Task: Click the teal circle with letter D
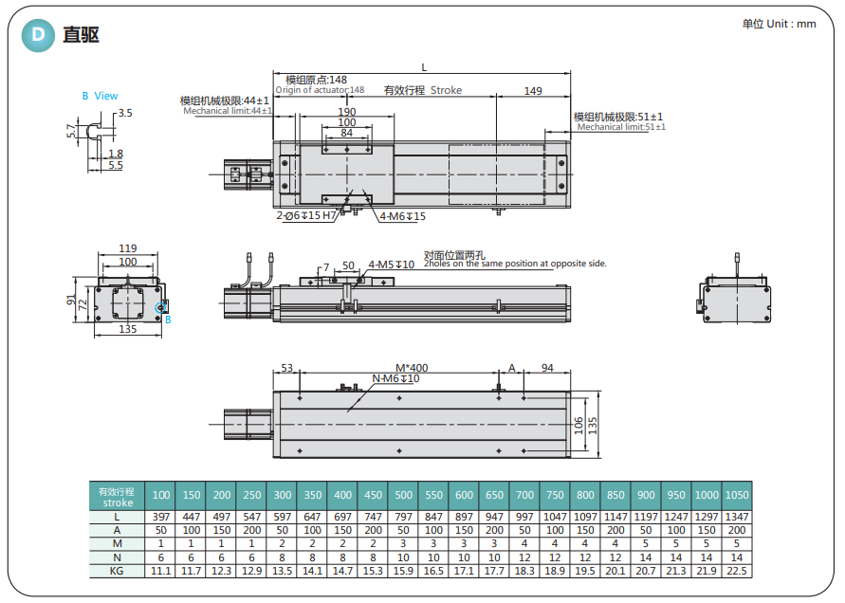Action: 37,36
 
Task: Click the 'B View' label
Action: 100,96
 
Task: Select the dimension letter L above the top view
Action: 423,67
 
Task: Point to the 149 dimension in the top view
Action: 532,91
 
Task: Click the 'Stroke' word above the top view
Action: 446,91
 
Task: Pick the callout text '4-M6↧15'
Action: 403,217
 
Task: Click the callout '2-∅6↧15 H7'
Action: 305,216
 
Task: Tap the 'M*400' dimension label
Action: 412,368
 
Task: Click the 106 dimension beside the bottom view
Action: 579,423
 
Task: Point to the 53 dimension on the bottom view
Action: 286,368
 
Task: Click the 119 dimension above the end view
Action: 127,248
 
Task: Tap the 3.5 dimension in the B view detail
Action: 125,113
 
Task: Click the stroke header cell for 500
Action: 403,495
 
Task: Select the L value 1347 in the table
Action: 736,518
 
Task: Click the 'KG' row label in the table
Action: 116,572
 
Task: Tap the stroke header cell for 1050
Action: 736,495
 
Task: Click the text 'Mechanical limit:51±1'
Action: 621,127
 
